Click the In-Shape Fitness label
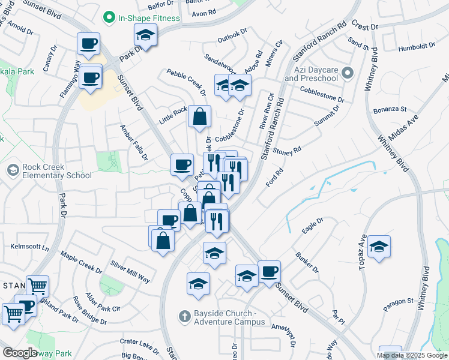pyautogui.click(x=149, y=18)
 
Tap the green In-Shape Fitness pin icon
pyautogui.click(x=109, y=18)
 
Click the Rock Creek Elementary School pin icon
pyautogui.click(x=12, y=170)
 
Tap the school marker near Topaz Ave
pyautogui.click(x=379, y=247)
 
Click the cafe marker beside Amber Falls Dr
pyautogui.click(x=182, y=164)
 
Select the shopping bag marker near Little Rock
pyautogui.click(x=200, y=116)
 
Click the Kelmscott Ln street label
pyautogui.click(x=29, y=247)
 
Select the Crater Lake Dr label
pyautogui.click(x=139, y=345)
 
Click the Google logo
pyautogui.click(x=20, y=353)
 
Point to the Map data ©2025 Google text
pyautogui.click(x=412, y=355)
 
